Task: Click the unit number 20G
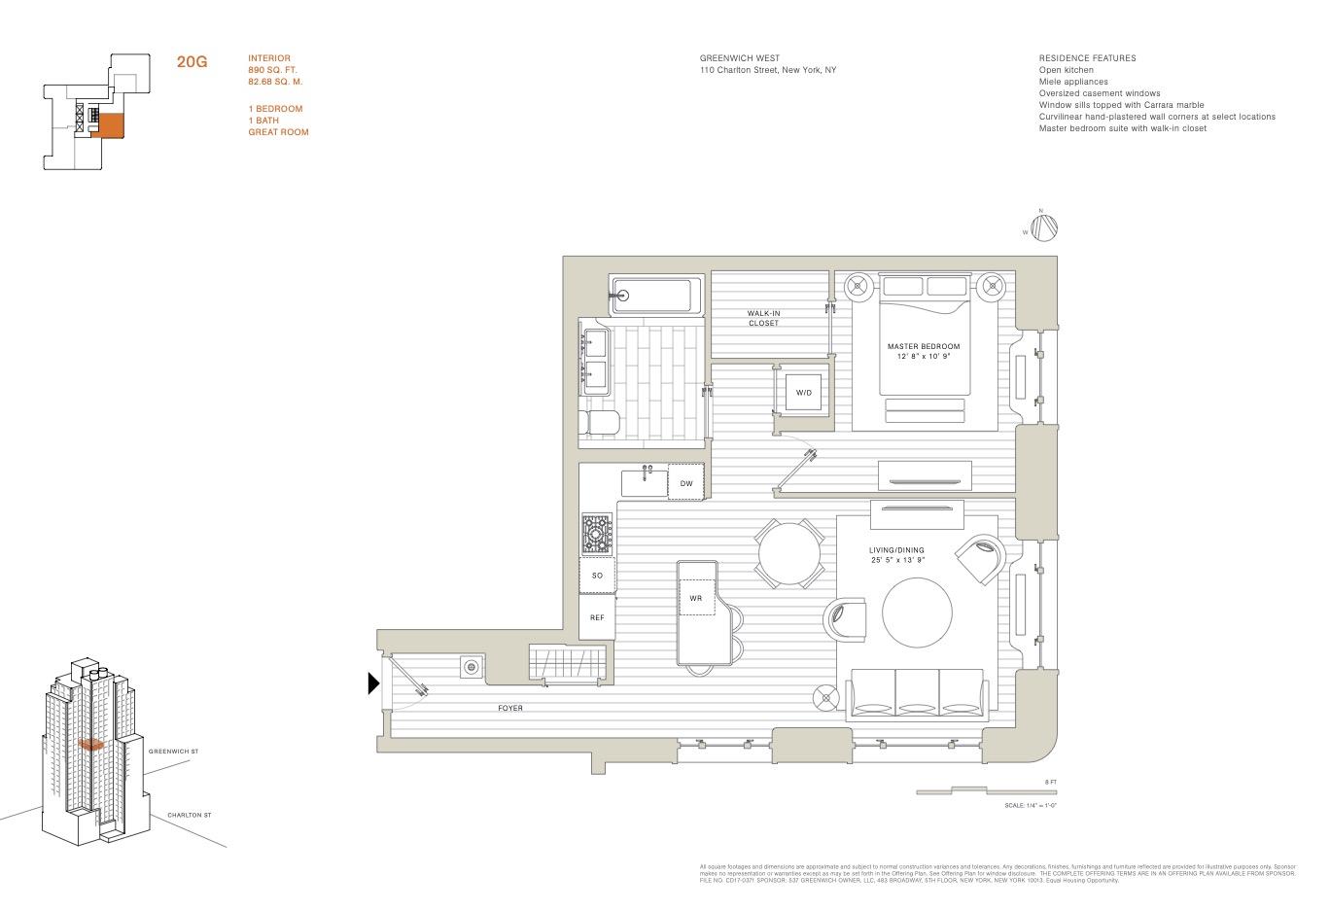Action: (x=192, y=62)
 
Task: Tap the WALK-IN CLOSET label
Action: (x=763, y=318)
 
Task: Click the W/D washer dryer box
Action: (x=803, y=392)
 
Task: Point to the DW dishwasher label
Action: (x=686, y=483)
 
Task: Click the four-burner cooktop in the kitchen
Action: (x=598, y=534)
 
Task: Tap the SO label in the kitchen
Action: (x=597, y=576)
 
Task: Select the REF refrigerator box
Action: (x=597, y=617)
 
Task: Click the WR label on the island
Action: (x=696, y=598)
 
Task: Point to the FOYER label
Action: (x=510, y=708)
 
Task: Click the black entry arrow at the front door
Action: (x=372, y=683)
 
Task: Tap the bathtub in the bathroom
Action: (x=654, y=296)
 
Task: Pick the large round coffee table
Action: (x=918, y=613)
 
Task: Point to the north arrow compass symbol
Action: (x=1044, y=227)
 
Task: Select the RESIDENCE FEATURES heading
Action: (x=1087, y=58)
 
